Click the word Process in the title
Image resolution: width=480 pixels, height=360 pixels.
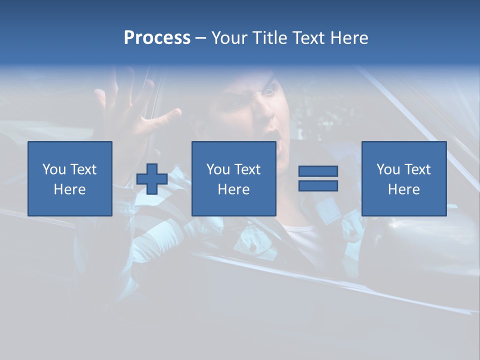pos(157,38)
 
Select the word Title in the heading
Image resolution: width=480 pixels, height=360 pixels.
pos(270,38)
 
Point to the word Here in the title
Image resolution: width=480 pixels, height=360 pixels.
pos(348,38)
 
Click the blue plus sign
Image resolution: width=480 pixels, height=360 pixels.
pos(152,178)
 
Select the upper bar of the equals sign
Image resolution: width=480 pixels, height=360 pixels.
pos(318,171)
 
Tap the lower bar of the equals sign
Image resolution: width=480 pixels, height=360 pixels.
pos(318,186)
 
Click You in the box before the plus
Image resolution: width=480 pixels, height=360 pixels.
pos(54,169)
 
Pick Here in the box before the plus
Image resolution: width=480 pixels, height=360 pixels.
pos(69,189)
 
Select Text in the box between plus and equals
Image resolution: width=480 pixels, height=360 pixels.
pos(247,169)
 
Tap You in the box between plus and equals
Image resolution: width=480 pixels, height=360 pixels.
pos(218,169)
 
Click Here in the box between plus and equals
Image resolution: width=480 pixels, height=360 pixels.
pos(233,189)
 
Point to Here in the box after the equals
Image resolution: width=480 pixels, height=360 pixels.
pos(403,189)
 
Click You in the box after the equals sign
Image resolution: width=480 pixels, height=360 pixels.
pos(388,169)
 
